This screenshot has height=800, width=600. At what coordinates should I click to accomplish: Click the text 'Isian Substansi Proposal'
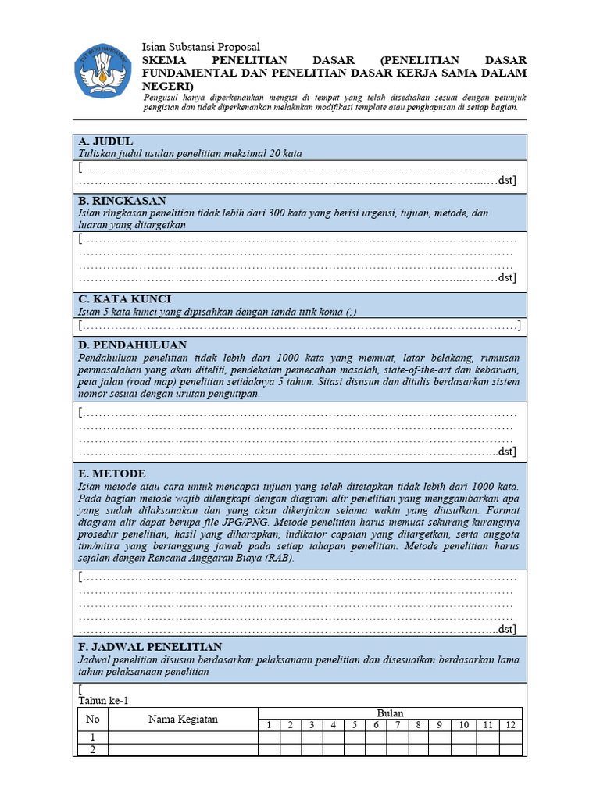click(201, 48)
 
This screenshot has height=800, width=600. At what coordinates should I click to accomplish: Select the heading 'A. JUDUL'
click(105, 141)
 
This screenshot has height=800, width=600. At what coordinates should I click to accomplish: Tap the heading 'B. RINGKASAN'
click(122, 201)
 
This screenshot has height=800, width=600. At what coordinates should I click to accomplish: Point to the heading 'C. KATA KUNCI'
click(124, 299)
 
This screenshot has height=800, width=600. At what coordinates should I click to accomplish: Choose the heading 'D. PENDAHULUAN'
click(132, 345)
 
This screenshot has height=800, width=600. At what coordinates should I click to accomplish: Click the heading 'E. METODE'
click(112, 473)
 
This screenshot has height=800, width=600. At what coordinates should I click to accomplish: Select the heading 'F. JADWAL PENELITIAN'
click(150, 647)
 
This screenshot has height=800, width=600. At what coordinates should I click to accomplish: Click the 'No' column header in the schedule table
click(93, 719)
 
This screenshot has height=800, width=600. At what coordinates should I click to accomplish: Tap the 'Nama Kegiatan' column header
click(183, 719)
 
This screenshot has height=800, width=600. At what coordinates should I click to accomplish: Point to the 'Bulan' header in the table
click(390, 713)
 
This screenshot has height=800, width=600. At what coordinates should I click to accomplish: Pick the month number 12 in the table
click(511, 725)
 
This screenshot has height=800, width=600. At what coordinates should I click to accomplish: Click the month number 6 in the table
click(376, 725)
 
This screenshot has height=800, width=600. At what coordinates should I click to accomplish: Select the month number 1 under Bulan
click(269, 725)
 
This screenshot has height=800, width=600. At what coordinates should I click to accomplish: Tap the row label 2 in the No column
click(93, 750)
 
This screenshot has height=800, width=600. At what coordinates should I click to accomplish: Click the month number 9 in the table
click(440, 725)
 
